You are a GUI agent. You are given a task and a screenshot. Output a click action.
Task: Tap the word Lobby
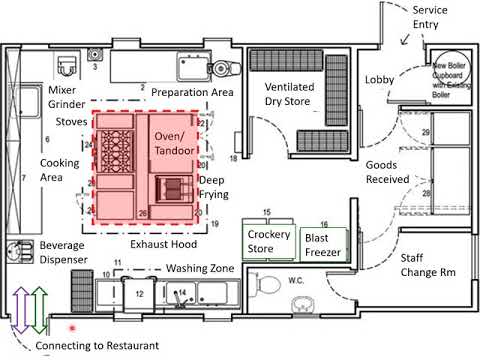379,79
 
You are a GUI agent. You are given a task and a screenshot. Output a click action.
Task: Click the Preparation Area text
192,92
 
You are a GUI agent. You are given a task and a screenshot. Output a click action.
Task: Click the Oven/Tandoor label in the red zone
175,142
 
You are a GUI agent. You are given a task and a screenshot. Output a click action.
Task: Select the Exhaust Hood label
164,244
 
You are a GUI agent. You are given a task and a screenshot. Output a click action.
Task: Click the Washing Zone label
200,268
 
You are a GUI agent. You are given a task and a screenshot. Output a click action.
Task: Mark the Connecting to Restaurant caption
97,346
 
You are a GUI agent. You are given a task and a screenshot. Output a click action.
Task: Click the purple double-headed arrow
21,309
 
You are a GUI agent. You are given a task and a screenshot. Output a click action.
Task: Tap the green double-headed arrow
37,309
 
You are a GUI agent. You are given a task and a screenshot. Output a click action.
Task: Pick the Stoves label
70,121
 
